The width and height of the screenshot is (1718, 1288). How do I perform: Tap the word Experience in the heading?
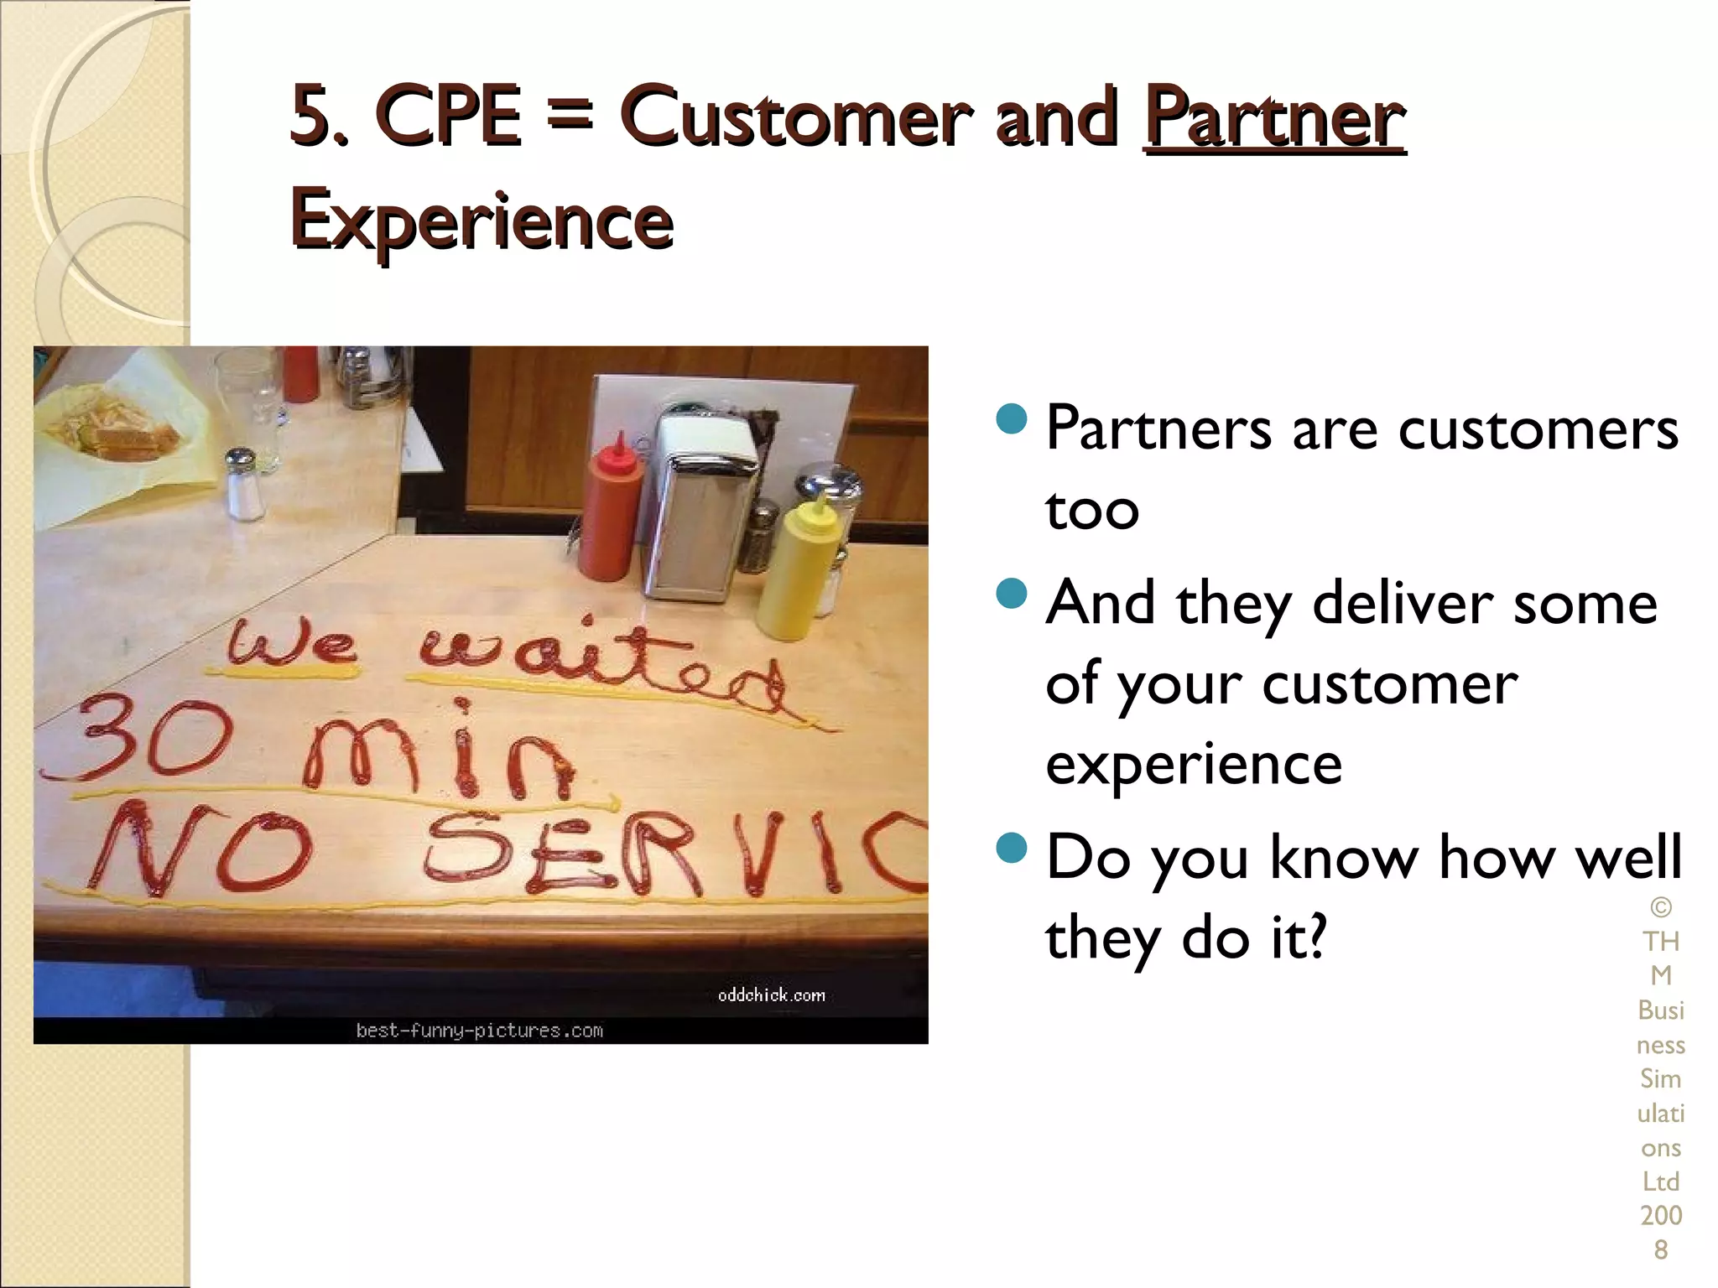[482, 220]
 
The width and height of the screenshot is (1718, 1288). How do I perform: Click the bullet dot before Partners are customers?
[1012, 418]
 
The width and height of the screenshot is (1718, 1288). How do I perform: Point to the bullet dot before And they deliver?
[1012, 593]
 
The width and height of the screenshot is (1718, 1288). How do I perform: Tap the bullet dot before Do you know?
[1012, 847]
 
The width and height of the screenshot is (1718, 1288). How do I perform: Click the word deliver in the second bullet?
[1402, 604]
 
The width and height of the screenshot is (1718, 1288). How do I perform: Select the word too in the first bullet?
[1091, 510]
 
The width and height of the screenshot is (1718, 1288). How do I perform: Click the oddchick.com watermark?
[771, 995]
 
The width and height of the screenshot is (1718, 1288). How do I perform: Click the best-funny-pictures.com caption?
[479, 1031]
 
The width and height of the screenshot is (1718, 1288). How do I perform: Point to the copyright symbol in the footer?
[1660, 907]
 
